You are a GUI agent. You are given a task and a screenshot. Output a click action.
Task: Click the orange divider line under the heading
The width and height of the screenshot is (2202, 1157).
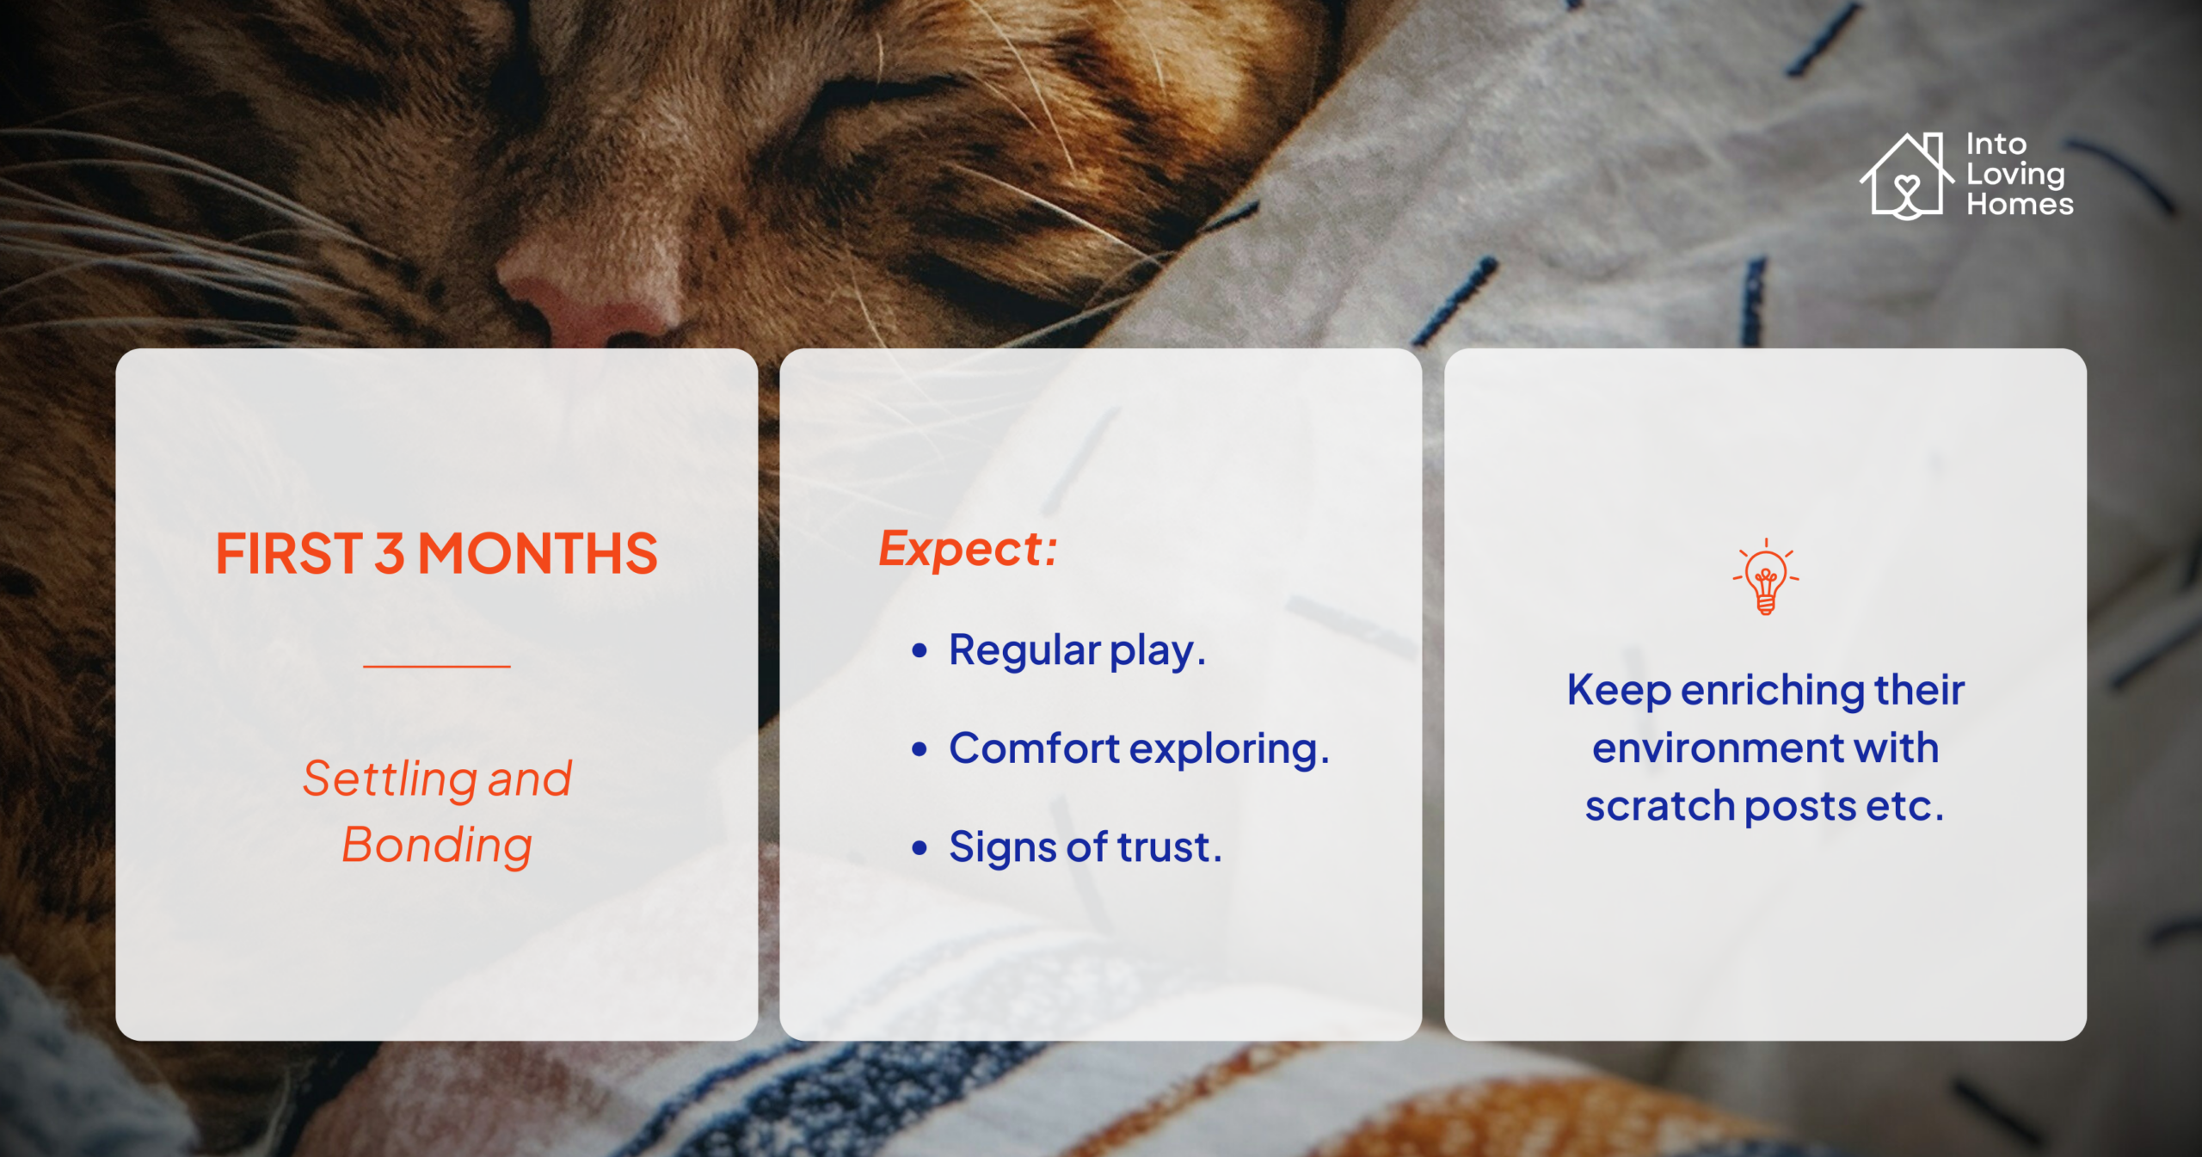point(437,666)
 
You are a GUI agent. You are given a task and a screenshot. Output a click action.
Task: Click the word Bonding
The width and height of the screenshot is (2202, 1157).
point(437,846)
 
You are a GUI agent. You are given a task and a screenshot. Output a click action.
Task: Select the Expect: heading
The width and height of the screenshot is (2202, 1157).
point(968,550)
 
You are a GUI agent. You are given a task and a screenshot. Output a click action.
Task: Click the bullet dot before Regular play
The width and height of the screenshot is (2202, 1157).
point(920,650)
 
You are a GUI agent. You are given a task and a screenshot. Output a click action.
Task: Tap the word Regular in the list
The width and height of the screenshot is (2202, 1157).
point(1024,650)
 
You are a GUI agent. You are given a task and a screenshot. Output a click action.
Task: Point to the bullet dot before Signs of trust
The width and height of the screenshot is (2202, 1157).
point(920,847)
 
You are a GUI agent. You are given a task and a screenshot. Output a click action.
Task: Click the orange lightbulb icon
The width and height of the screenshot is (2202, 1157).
point(1765,576)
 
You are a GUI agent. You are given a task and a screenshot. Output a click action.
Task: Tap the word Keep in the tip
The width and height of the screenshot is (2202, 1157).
point(1619,691)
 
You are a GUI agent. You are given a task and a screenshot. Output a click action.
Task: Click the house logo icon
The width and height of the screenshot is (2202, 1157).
point(1906,175)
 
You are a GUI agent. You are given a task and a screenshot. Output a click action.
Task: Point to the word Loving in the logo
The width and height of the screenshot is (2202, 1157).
point(2015,175)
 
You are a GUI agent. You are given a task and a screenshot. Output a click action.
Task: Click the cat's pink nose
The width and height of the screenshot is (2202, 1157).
point(594,297)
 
